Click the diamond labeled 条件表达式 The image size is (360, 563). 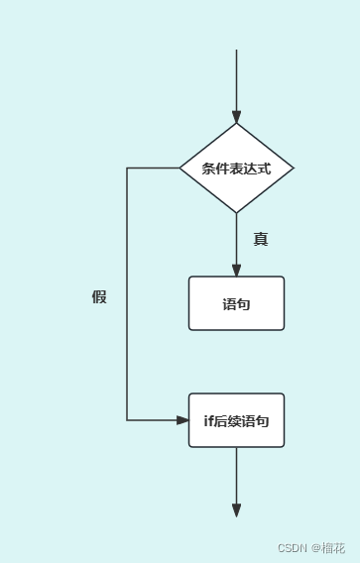(x=236, y=168)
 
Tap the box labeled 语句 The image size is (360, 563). (x=236, y=303)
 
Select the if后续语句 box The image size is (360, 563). (x=236, y=420)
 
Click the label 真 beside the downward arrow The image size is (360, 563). (x=261, y=239)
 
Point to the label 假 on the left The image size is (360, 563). (x=99, y=296)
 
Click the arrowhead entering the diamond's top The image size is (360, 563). (x=236, y=117)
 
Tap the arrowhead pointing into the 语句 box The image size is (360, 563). (x=236, y=270)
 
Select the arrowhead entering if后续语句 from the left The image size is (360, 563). (x=182, y=420)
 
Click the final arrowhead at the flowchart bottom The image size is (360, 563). (x=236, y=510)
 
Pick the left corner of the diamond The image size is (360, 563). (x=180, y=168)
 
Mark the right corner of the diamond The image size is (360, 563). (x=294, y=168)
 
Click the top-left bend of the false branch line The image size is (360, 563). (x=127, y=168)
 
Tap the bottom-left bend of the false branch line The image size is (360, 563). (x=127, y=420)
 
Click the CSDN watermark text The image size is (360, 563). (x=293, y=548)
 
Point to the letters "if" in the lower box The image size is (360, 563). (x=208, y=421)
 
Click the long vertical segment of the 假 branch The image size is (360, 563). (x=127, y=347)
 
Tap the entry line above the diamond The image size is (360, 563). (x=236, y=79)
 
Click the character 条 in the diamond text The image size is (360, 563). (x=208, y=169)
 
